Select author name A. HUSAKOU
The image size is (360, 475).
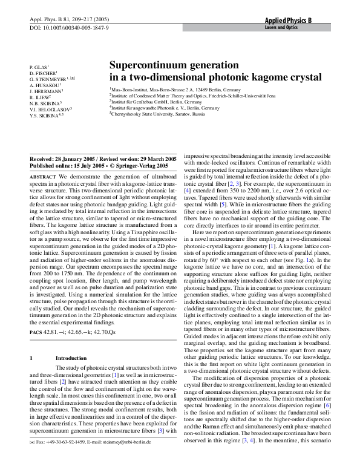coord(45,85)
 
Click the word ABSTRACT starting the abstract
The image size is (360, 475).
coord(43,175)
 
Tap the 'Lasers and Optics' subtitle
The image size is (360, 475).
coord(283,28)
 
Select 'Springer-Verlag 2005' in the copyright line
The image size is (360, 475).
coord(140,164)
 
